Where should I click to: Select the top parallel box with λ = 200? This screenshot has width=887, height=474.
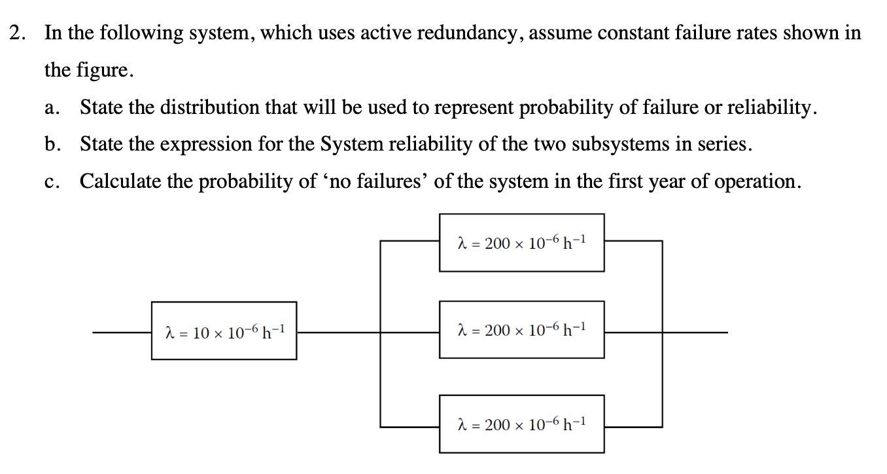pos(521,242)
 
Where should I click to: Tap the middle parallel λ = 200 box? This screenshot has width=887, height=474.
pos(521,329)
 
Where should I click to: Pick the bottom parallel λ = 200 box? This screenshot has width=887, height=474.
pos(521,424)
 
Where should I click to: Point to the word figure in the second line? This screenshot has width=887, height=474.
pos(108,70)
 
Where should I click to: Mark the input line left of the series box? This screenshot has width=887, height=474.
pos(122,333)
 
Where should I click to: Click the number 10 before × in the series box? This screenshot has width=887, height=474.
pos(201,333)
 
